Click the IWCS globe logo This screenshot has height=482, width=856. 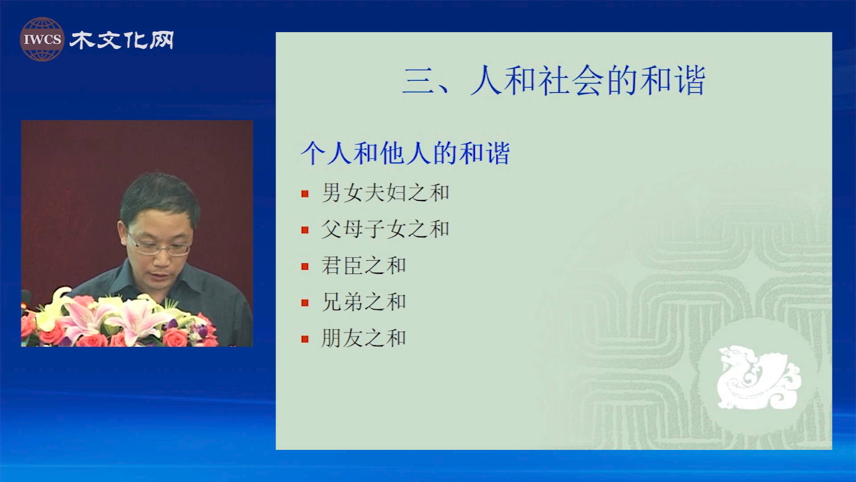click(42, 39)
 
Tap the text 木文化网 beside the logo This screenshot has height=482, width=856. click(122, 40)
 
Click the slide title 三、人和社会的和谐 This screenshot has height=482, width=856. click(554, 80)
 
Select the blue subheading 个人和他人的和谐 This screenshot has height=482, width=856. click(405, 153)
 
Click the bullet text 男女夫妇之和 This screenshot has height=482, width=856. click(386, 193)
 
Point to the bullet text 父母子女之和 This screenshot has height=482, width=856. click(386, 229)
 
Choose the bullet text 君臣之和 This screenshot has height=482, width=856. click(364, 266)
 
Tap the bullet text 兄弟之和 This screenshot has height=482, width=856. click(364, 302)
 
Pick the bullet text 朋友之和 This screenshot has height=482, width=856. click(364, 338)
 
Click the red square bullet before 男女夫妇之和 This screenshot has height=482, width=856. click(305, 194)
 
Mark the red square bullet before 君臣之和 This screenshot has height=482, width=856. click(305, 266)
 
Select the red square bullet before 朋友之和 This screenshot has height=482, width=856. click(305, 339)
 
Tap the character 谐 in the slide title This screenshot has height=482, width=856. click(690, 80)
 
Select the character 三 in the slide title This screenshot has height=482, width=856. click(418, 81)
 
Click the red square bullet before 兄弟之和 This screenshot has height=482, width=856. click(305, 303)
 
